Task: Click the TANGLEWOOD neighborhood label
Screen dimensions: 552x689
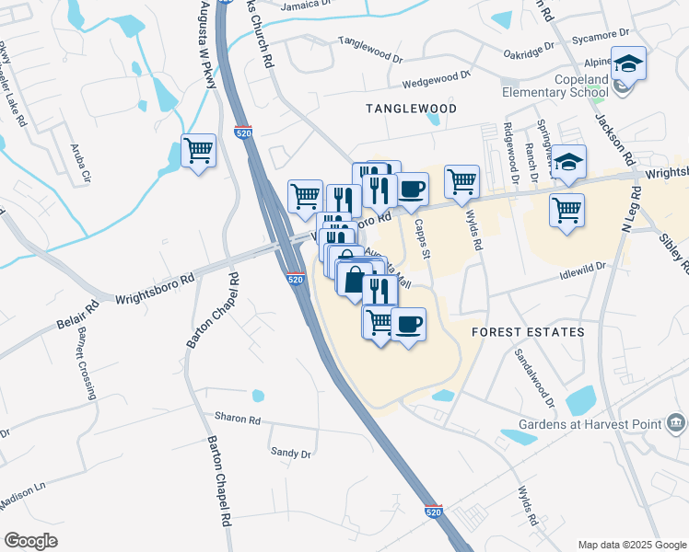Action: coord(411,109)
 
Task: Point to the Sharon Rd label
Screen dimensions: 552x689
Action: coord(238,419)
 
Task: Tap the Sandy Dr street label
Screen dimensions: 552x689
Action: coord(291,453)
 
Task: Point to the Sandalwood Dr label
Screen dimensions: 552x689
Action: coord(534,377)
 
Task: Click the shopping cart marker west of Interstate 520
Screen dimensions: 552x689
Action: coord(199,151)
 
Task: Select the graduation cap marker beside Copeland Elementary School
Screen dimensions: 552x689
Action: coord(629,64)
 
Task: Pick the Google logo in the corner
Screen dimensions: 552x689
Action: coord(30,540)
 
